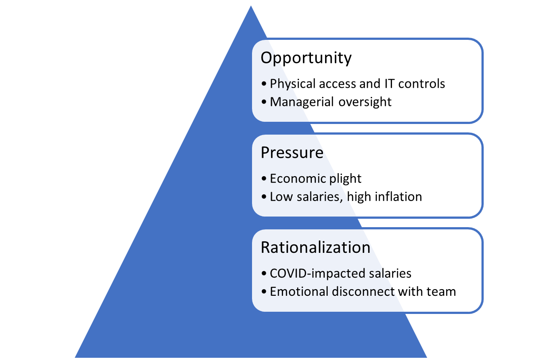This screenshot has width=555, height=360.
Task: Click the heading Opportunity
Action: tap(306, 58)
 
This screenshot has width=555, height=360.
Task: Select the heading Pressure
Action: tap(292, 152)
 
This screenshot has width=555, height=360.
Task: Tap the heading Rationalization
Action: tap(315, 247)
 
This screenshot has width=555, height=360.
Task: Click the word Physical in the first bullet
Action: tap(293, 84)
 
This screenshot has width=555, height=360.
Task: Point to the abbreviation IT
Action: tap(389, 84)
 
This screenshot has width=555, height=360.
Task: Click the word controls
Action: tap(421, 84)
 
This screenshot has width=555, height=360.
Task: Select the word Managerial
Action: tap(302, 102)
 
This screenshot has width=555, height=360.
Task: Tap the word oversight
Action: tap(365, 102)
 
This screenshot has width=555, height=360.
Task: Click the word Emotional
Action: tap(299, 292)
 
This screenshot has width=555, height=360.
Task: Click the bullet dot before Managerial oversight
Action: tap(264, 102)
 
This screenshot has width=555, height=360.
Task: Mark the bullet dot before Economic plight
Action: tap(264, 178)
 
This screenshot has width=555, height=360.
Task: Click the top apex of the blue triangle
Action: tap(251, 6)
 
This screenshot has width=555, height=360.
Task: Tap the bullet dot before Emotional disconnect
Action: tap(264, 292)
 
